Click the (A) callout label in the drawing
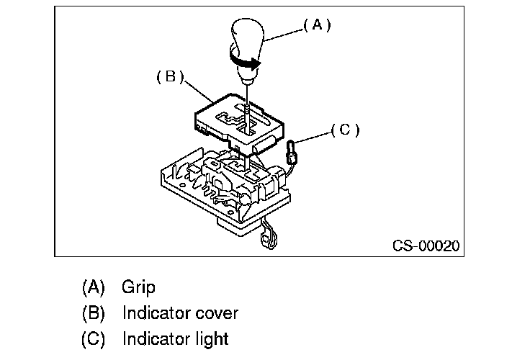click(316, 25)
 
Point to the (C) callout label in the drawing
click(345, 130)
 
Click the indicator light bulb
click(292, 152)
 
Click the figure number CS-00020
click(426, 246)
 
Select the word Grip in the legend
click(138, 287)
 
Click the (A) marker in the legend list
click(94, 287)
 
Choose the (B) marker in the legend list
click(94, 313)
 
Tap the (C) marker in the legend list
click(94, 338)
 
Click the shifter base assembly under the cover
click(216, 184)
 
